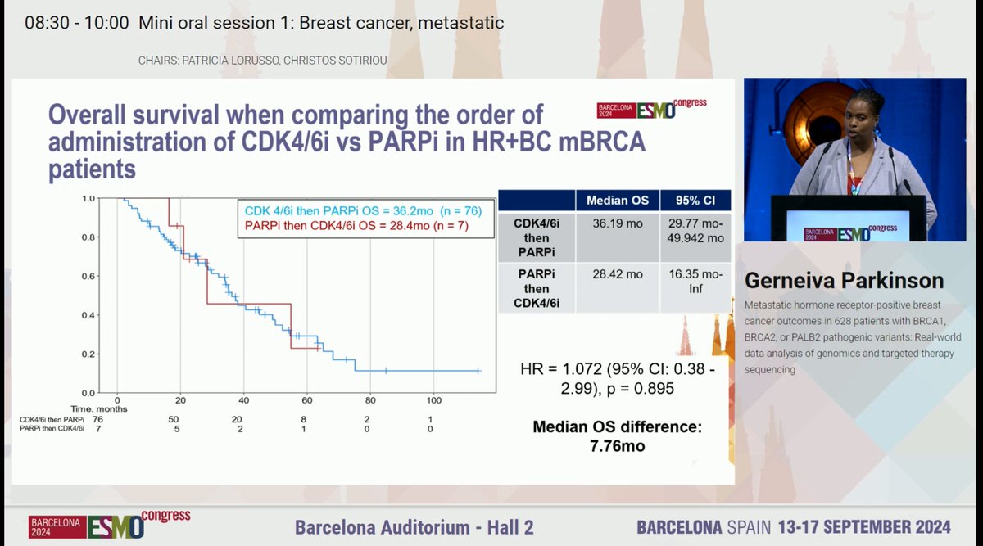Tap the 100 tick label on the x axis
(x=434, y=400)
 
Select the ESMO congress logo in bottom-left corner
(x=109, y=524)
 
